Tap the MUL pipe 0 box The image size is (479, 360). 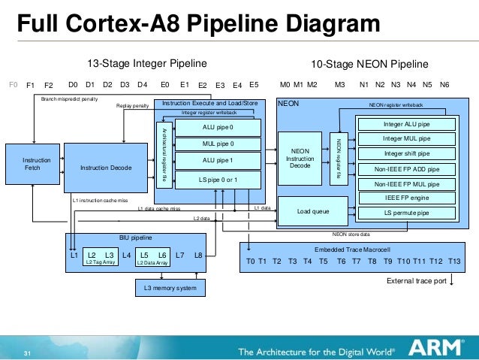[218, 144]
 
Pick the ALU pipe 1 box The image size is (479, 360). [218, 160]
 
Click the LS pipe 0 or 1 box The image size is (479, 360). [218, 179]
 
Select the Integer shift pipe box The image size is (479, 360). [406, 154]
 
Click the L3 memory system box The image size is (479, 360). [170, 289]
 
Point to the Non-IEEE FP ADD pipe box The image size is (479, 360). [406, 169]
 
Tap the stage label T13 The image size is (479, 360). [453, 262]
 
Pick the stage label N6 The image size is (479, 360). [444, 85]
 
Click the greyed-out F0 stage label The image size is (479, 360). [13, 85]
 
